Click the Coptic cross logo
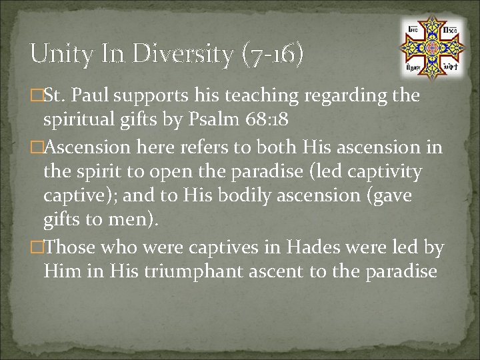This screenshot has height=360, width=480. pos(431,47)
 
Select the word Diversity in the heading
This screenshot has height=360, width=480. pos(184,54)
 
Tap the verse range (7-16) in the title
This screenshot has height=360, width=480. pos(274,54)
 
